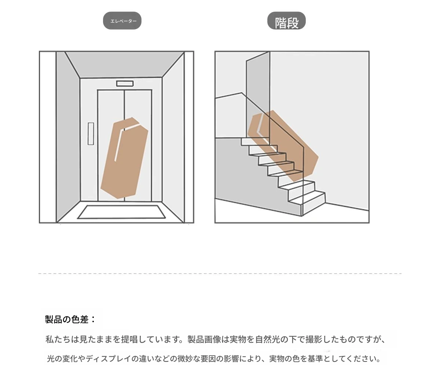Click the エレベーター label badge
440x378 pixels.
pyautogui.click(x=122, y=21)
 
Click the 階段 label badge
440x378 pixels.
pyautogui.click(x=286, y=21)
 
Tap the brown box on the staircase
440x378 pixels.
pyautogui.click(x=283, y=146)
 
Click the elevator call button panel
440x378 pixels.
pyautogui.click(x=91, y=134)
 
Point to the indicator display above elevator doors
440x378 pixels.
pyautogui.click(x=125, y=84)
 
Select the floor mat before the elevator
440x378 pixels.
pyautogui.click(x=121, y=212)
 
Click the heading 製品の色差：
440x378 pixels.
pyautogui.click(x=70, y=319)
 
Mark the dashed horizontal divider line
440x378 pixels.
pyautogui.click(x=220, y=274)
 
